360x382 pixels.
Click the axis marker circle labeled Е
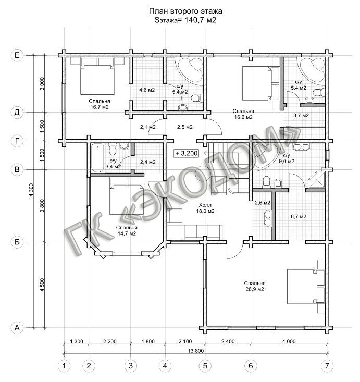(17, 55)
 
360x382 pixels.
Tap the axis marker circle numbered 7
(326, 365)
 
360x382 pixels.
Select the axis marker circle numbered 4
(165, 365)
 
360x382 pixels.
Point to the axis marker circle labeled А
(17, 328)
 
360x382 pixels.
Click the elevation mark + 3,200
(187, 153)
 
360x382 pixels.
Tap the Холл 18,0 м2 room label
(205, 208)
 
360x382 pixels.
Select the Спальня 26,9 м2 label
(255, 286)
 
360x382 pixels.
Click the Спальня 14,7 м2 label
(127, 230)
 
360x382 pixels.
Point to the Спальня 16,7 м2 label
(99, 104)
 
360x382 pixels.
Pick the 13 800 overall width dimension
(195, 351)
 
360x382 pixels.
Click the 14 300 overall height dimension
(31, 191)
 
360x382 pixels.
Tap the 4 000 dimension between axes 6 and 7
(289, 341)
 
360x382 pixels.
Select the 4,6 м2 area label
(147, 90)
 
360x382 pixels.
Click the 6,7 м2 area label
(299, 216)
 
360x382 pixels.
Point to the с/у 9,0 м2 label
(287, 158)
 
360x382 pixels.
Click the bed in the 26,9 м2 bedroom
(302, 286)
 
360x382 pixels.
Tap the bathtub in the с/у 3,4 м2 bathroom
(97, 158)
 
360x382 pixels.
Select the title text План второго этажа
(185, 11)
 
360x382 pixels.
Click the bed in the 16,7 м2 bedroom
(97, 80)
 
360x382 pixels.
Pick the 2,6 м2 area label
(263, 203)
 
